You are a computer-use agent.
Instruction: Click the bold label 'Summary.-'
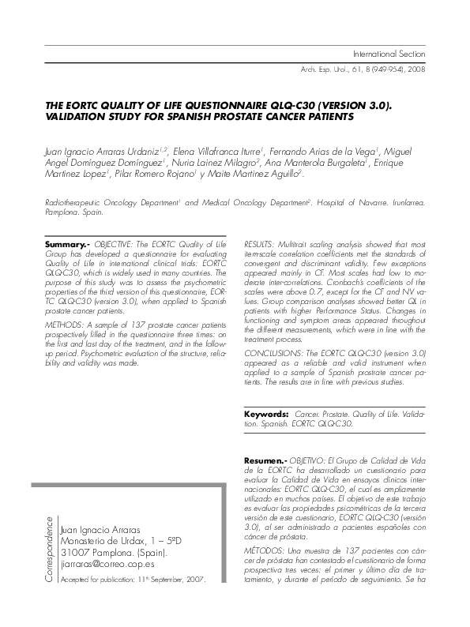(x=66, y=246)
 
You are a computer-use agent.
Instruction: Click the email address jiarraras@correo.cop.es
(x=108, y=565)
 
